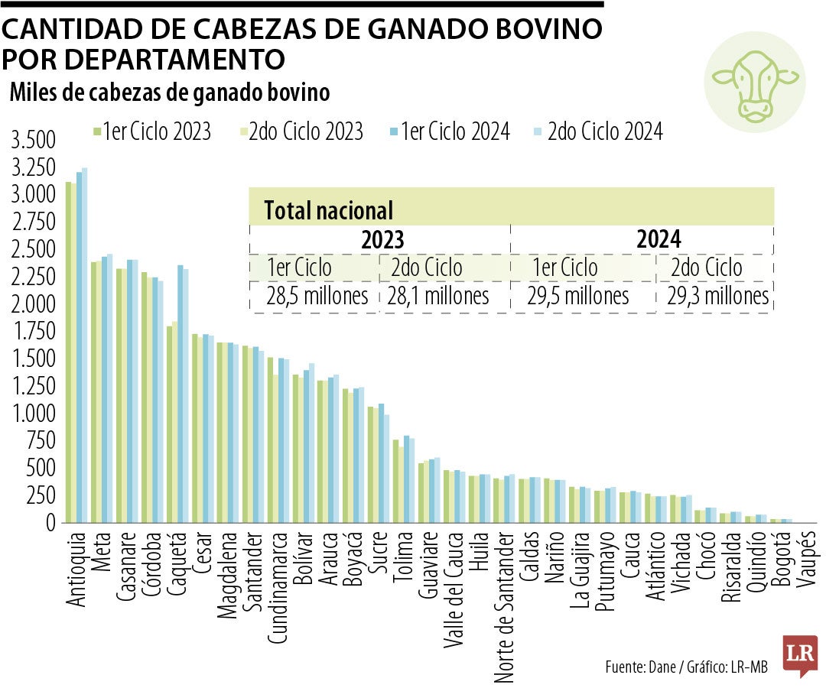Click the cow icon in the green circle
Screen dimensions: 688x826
coord(754,83)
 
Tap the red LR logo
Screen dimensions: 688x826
coord(799,654)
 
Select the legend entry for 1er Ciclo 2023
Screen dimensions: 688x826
coord(151,131)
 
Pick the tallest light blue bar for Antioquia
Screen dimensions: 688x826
coord(85,344)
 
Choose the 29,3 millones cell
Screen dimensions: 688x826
coord(717,297)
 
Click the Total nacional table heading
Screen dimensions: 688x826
coord(328,210)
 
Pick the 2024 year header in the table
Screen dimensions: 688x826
coord(658,240)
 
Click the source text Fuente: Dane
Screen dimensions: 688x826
coord(639,667)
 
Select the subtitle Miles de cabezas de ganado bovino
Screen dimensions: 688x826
coord(170,92)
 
